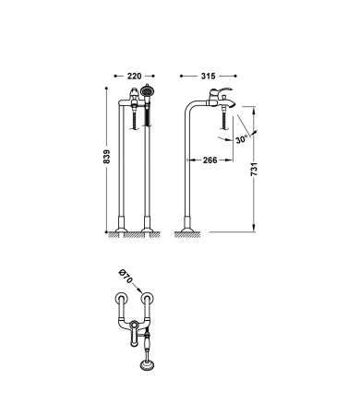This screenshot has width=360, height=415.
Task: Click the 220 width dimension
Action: pos(134,76)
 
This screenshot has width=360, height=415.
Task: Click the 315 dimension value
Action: pos(209,76)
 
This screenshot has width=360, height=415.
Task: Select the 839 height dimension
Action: pos(106,157)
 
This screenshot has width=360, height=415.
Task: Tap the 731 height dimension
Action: pos(254,169)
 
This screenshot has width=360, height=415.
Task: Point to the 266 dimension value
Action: pos(210,160)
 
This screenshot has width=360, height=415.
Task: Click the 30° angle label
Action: pos(242,139)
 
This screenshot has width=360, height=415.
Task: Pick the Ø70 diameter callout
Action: pos(126,276)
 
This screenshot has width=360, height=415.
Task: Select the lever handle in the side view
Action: pos(221,91)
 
